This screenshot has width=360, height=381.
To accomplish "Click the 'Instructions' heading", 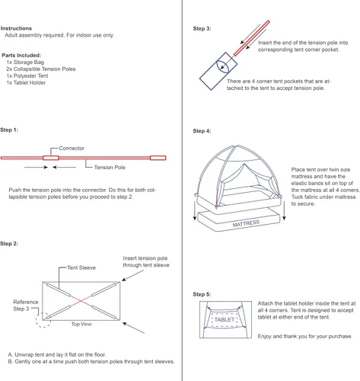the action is (16, 28).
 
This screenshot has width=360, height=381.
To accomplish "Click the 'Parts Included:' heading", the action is (21, 55).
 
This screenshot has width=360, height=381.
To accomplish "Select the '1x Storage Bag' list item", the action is (25, 62).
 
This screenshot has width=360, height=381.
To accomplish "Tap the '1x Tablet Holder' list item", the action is (26, 82).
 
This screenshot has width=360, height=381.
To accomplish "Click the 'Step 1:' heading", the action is (9, 130).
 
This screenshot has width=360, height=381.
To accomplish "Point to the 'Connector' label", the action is (72, 148).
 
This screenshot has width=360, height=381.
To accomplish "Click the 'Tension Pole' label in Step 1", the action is (110, 167).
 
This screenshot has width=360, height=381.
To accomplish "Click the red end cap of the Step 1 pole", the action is (158, 158).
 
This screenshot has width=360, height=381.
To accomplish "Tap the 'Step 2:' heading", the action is (9, 244).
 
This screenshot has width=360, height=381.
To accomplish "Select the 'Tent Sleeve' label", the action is (81, 267).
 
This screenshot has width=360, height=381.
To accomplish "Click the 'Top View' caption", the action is (81, 324).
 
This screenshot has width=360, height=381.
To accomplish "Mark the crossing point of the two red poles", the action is (81, 301).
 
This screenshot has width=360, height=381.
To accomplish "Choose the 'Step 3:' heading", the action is (202, 28).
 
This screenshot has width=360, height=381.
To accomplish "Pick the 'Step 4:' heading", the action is (202, 131).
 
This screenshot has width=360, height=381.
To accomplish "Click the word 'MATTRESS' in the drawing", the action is (246, 223).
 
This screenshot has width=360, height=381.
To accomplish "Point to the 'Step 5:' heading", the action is (202, 294).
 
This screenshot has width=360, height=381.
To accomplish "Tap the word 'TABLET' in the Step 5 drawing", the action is (225, 319).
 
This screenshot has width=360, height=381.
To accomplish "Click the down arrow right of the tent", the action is (284, 210).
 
